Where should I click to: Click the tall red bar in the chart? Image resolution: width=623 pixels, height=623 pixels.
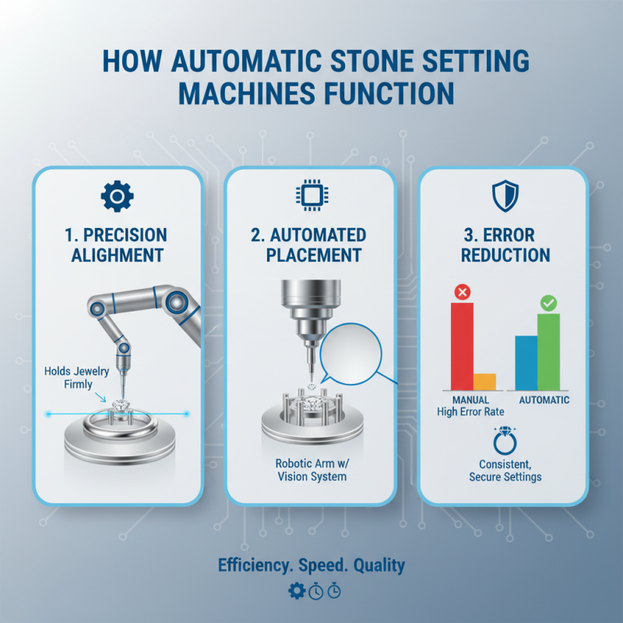point(462,346)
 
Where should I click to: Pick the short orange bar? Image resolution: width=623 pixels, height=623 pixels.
point(484,381)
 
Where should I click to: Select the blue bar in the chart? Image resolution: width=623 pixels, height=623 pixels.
point(526,362)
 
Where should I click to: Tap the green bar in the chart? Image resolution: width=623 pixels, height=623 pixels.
point(549,350)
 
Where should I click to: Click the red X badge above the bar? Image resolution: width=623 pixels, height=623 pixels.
point(462,293)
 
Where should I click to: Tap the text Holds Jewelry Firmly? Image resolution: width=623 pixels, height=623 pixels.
point(69,378)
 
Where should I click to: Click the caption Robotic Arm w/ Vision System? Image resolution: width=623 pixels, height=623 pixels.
point(311,470)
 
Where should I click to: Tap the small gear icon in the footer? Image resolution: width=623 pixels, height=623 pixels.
point(296,591)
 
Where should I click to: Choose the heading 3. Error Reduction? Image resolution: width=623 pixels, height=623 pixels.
point(505,245)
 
